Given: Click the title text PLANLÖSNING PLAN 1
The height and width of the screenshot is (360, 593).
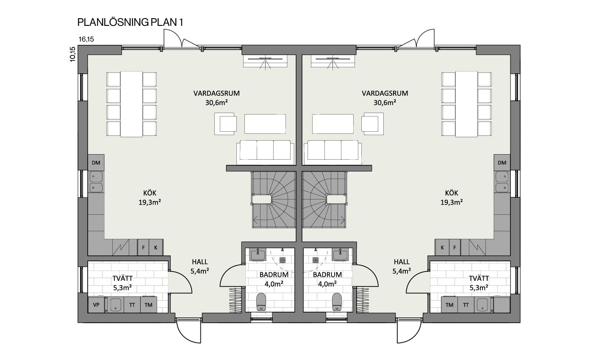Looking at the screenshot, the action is [130, 22].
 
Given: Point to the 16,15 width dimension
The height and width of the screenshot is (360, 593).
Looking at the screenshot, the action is [86, 39].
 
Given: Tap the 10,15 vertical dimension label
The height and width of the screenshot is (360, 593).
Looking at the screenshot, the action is [72, 54].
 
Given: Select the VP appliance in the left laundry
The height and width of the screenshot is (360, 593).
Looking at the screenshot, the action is [96, 305].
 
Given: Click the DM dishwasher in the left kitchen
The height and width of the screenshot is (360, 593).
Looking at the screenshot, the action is [96, 163].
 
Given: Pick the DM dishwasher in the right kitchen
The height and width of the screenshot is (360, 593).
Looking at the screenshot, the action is [502, 163].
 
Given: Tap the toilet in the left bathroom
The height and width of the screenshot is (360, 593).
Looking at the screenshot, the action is [261, 302].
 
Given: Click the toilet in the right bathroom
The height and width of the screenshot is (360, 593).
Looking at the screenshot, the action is [337, 302].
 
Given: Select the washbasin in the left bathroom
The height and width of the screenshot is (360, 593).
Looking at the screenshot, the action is [258, 255].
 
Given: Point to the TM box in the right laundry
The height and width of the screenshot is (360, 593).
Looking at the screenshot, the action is [449, 305].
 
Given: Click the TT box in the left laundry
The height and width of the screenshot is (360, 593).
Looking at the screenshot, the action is [132, 305].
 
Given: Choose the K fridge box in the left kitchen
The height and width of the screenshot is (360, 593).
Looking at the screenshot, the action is [156, 247].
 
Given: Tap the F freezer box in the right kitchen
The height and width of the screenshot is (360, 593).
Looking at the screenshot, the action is [454, 247].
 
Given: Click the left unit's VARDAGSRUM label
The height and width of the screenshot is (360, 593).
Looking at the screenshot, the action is [216, 93].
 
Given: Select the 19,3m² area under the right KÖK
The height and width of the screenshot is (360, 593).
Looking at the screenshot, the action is [452, 202].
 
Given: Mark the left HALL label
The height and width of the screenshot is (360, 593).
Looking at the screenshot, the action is [200, 262].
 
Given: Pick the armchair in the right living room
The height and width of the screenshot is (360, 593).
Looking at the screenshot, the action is [373, 124].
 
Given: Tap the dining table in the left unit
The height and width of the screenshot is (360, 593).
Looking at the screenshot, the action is [132, 104].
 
